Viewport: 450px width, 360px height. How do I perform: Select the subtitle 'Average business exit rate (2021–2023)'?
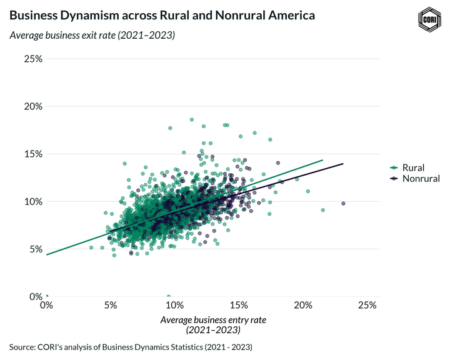tap(92, 35)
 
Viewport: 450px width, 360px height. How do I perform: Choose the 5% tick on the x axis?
tap(111, 306)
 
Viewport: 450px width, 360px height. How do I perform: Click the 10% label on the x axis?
tap(174, 306)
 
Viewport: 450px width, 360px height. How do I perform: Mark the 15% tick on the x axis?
tap(239, 306)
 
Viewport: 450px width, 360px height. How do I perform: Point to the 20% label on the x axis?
tap(303, 306)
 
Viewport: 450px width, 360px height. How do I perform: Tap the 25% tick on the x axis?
tap(367, 306)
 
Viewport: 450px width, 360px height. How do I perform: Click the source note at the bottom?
tap(131, 346)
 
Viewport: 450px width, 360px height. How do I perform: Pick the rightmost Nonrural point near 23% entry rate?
tap(343, 203)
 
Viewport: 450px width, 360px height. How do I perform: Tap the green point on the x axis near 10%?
tap(169, 296)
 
